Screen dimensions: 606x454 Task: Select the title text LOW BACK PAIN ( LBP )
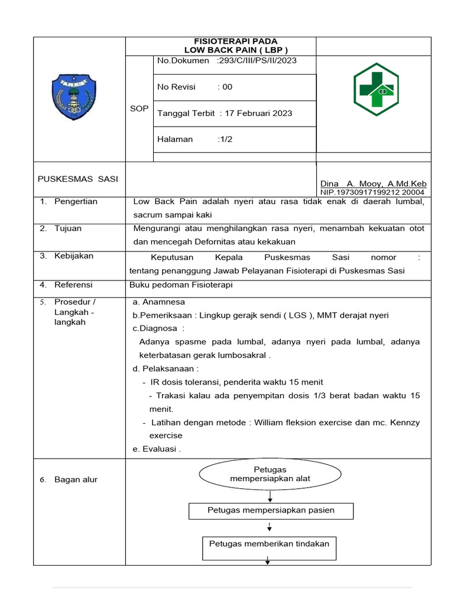click(x=236, y=50)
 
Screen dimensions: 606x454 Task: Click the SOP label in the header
click(x=139, y=109)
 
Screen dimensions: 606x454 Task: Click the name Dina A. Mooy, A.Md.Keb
click(x=373, y=184)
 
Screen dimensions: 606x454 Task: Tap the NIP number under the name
click(x=372, y=192)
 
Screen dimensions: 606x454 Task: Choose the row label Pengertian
click(x=76, y=202)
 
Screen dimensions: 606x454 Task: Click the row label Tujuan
click(x=68, y=228)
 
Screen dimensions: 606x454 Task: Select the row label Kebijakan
click(x=73, y=256)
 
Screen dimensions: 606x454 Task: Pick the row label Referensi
click(x=74, y=285)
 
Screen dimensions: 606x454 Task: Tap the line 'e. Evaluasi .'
click(x=157, y=449)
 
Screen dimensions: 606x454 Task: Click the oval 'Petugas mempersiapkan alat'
click(x=270, y=474)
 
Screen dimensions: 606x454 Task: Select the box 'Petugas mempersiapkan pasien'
click(x=271, y=510)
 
